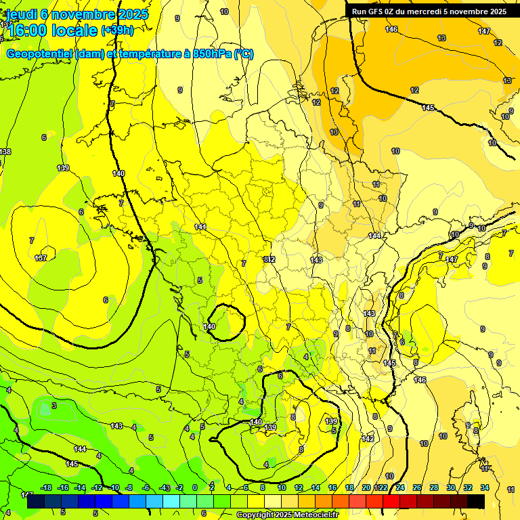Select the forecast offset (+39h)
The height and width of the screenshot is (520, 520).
[117, 30]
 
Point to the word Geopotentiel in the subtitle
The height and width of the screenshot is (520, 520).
[41, 54]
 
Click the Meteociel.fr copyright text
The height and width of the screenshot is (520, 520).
[287, 515]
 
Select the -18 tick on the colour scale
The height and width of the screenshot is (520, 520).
[46, 487]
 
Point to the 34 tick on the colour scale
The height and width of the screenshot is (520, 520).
[485, 487]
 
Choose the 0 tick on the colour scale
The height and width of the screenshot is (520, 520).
[194, 487]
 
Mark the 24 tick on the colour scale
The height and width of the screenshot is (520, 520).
[399, 487]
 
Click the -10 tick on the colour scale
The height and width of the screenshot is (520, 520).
[114, 487]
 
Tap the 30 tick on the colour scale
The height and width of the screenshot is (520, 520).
[450, 487]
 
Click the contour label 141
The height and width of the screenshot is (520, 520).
[200, 227]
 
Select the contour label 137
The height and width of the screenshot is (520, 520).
[41, 258]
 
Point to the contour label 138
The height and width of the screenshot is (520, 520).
[5, 152]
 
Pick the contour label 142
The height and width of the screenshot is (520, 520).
[368, 439]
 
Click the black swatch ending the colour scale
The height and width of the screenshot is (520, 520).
[476, 501]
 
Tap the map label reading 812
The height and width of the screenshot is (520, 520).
[269, 259]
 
